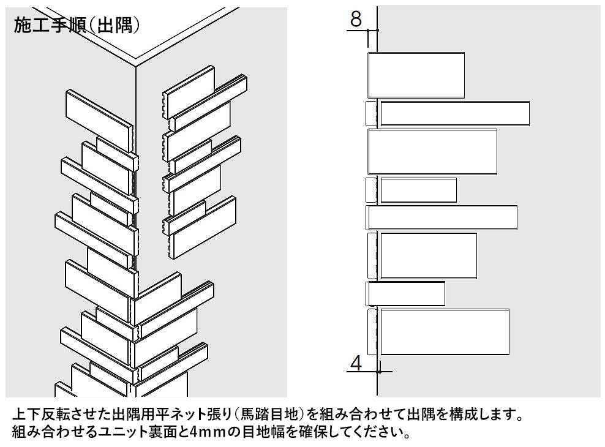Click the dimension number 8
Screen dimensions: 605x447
point(356,18)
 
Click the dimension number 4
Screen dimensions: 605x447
point(356,363)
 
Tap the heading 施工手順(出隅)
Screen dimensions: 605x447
point(77,26)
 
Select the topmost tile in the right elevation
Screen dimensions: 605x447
point(416,75)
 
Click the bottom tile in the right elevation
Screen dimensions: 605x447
point(445,332)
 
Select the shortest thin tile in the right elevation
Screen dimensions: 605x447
point(419,190)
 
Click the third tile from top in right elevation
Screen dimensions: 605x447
point(432,152)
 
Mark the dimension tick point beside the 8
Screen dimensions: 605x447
point(377,30)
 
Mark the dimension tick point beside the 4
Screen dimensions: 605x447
point(378,372)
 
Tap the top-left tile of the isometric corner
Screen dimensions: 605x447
point(99,120)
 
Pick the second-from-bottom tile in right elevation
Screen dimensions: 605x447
point(406,294)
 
